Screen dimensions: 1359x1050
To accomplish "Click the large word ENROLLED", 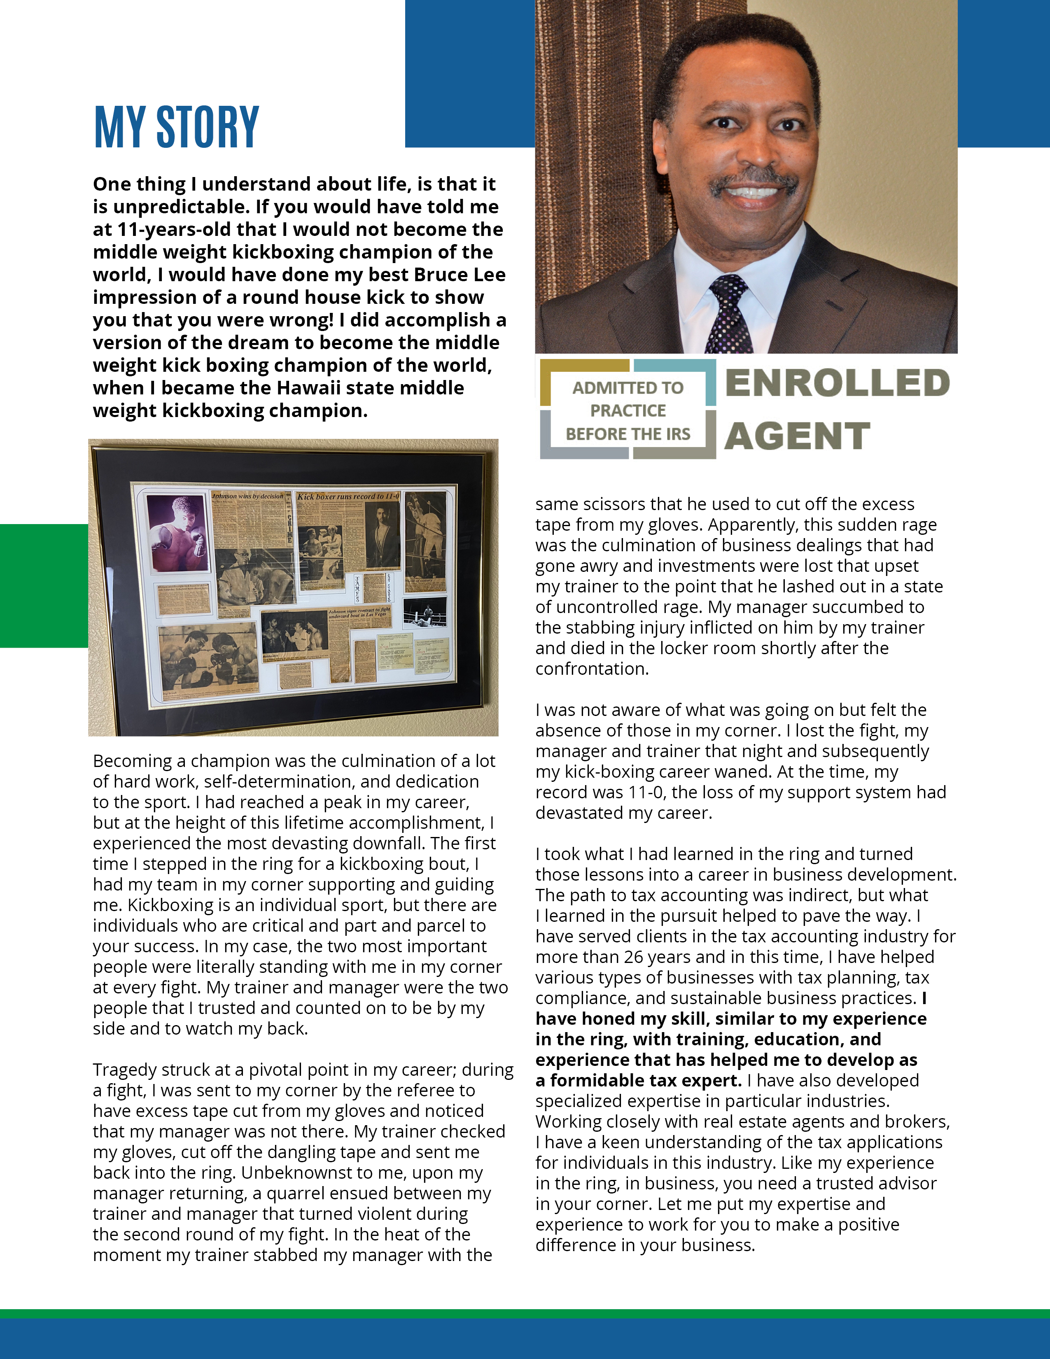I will coord(837,383).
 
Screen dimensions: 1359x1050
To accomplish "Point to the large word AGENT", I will coord(797,436).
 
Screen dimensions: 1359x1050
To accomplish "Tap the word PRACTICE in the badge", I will coord(628,411).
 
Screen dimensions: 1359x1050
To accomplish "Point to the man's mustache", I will coord(754,180).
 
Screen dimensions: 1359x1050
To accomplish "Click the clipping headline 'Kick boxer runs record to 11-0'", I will coord(348,497).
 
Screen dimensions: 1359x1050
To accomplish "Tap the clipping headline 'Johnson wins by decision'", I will coord(247,496).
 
